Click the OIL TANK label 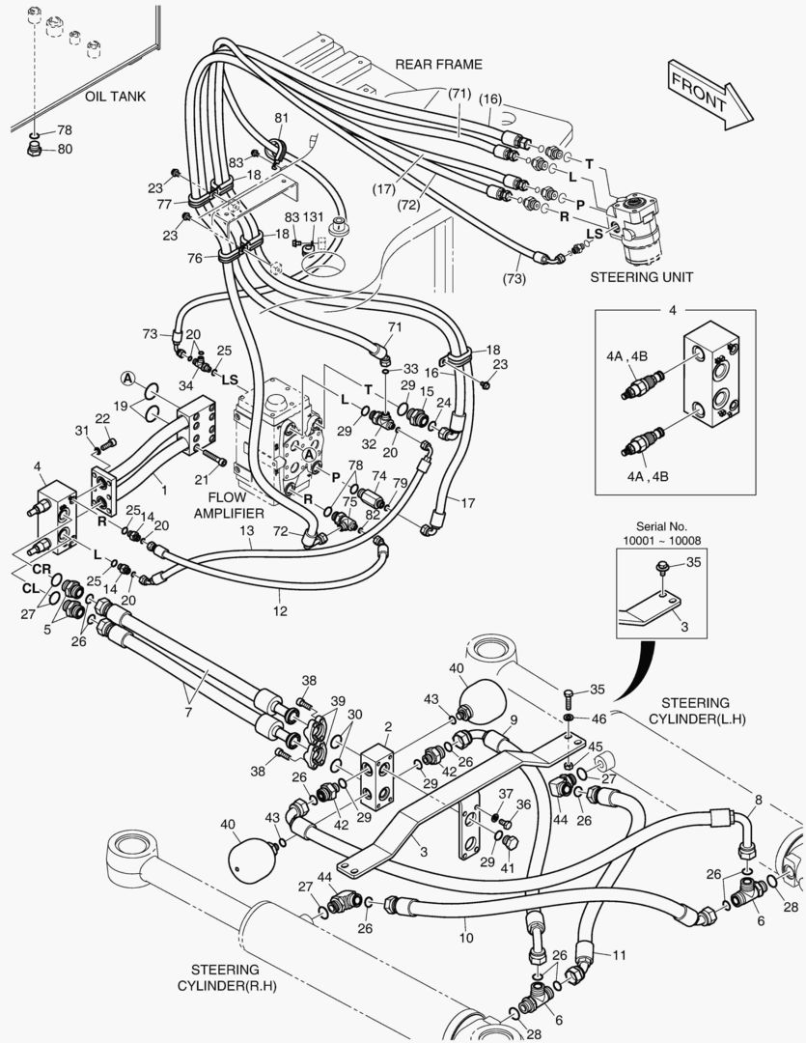115,97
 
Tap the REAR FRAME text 438,65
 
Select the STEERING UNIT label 642,277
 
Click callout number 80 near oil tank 64,149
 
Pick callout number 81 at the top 281,119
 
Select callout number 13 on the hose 247,531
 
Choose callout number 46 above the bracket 598,719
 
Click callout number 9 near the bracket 514,719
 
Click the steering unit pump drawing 636,227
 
